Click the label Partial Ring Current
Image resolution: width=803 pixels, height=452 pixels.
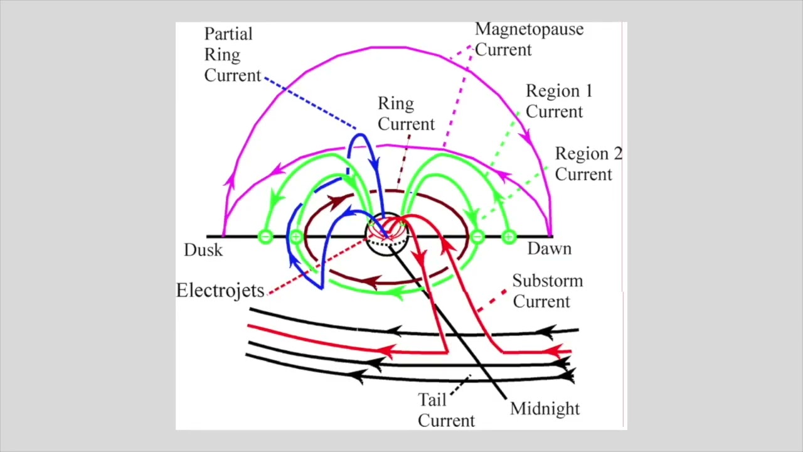(x=233, y=55)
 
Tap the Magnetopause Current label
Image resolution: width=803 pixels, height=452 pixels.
(x=529, y=39)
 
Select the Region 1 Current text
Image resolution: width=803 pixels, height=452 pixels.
(x=559, y=101)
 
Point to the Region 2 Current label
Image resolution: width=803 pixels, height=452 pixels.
(x=588, y=164)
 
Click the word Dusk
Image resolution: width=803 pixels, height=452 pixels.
(x=203, y=250)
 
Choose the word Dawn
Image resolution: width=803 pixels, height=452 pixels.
(x=550, y=249)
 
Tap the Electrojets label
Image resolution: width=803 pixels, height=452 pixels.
(x=220, y=290)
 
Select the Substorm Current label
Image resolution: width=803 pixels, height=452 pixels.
(x=548, y=291)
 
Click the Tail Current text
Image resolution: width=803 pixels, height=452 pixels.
(x=446, y=410)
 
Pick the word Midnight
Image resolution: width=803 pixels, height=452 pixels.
(x=545, y=409)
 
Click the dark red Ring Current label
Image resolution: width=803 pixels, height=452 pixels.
(x=406, y=114)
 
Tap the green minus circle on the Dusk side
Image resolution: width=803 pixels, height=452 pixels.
(x=265, y=237)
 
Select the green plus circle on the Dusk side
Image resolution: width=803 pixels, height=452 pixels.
(x=296, y=237)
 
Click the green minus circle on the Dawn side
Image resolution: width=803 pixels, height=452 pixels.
(x=477, y=237)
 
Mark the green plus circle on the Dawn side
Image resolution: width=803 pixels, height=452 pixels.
(x=509, y=237)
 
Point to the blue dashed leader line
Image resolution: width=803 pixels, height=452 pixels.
(x=311, y=103)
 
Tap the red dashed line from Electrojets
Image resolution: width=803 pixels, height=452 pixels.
(x=317, y=266)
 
